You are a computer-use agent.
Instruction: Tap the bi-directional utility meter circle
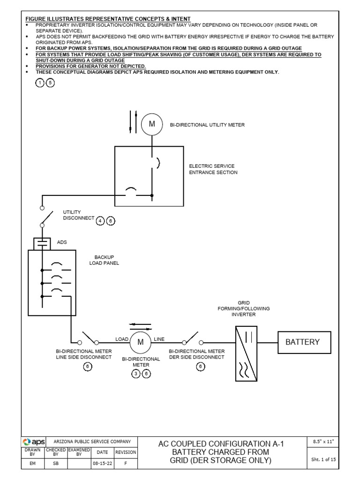coord(151,124)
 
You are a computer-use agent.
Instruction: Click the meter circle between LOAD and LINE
coord(140,343)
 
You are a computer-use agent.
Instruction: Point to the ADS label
coord(62,242)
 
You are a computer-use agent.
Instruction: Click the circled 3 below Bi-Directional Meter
coord(135,374)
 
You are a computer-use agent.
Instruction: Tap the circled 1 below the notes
coord(41,82)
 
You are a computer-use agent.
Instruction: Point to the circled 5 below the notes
coord(50,82)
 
